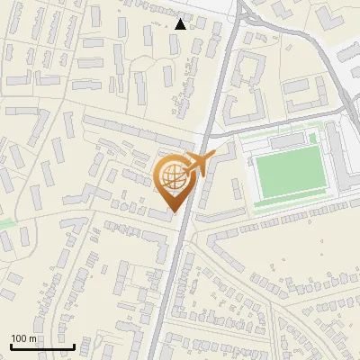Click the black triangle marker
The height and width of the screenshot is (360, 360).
[181, 23]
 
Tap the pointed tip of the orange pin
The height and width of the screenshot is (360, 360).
[175, 213]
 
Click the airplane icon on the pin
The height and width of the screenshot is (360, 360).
[198, 165]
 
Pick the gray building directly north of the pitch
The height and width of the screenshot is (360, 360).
[287, 142]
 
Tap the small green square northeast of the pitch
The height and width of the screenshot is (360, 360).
[313, 138]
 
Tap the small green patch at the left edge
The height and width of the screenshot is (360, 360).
[5, 222]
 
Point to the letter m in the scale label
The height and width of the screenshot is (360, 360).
[32, 338]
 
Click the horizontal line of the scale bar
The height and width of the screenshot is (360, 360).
[42, 346]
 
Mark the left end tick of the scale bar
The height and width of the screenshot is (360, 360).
[11, 345]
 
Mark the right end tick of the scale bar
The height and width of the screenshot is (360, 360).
[74, 345]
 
